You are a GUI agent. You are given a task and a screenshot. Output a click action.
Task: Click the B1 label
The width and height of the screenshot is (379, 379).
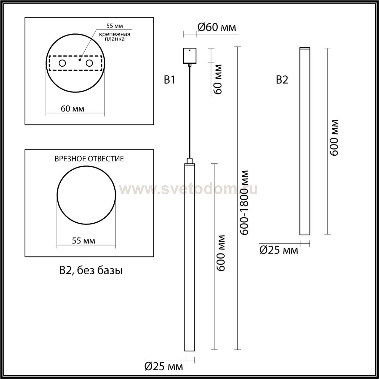coord(169,80)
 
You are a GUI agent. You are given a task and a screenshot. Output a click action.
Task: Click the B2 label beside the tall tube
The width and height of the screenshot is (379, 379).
coord(282,80)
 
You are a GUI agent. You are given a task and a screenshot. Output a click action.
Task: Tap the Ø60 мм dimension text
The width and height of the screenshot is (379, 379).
coord(217,28)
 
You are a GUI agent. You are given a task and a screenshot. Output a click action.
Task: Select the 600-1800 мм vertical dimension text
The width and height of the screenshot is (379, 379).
coord(245,203)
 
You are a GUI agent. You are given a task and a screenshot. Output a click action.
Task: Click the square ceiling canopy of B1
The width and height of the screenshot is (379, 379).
coord(189,56)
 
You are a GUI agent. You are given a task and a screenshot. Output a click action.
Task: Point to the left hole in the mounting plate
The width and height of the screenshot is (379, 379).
coord(62,63)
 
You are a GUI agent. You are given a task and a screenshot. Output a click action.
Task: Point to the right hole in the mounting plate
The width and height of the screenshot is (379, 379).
coord(89,63)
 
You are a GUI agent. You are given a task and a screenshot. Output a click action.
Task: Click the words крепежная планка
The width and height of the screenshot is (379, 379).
coord(115,37)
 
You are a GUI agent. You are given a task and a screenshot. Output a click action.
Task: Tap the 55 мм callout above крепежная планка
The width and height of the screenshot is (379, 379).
coord(115,26)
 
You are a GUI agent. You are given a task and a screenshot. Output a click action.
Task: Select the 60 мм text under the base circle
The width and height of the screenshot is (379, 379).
coord(72,109)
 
